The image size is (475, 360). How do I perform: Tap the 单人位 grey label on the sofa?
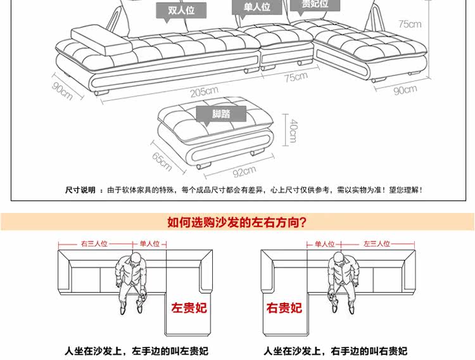pyautogui.click(x=256, y=8)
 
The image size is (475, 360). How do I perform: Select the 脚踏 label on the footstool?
pyautogui.click(x=222, y=115)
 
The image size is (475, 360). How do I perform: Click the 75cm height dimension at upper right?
pyautogui.click(x=409, y=25)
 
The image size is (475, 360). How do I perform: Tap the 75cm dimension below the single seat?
pyautogui.click(x=295, y=77)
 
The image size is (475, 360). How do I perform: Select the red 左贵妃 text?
pyautogui.click(x=189, y=309)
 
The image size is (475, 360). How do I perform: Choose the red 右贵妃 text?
pyautogui.click(x=284, y=309)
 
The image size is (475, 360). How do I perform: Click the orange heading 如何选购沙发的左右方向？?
pyautogui.click(x=237, y=222)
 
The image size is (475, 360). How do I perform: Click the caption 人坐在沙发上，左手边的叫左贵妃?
pyautogui.click(x=136, y=350)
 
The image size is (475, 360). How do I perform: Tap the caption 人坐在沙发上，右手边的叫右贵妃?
pyautogui.click(x=335, y=350)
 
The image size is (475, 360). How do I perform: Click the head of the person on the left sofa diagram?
pyautogui.click(x=132, y=260)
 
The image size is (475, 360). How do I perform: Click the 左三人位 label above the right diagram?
pyautogui.click(x=377, y=243)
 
